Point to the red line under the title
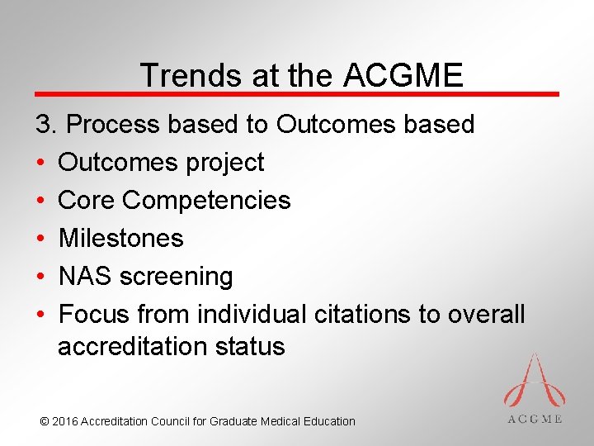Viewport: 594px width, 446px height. tap(297, 94)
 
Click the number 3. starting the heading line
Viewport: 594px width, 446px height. tap(46, 124)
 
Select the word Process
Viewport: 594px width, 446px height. tap(115, 124)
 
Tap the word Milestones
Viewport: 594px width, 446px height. tap(120, 238)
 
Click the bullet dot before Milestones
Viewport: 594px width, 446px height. tap(40, 239)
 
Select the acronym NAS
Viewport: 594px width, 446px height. tap(86, 276)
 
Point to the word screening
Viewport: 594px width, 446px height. tap(177, 277)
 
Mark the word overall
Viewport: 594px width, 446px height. tap(486, 314)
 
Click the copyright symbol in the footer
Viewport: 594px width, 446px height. tap(45, 421)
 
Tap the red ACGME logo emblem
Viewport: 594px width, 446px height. tap(535, 382)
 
